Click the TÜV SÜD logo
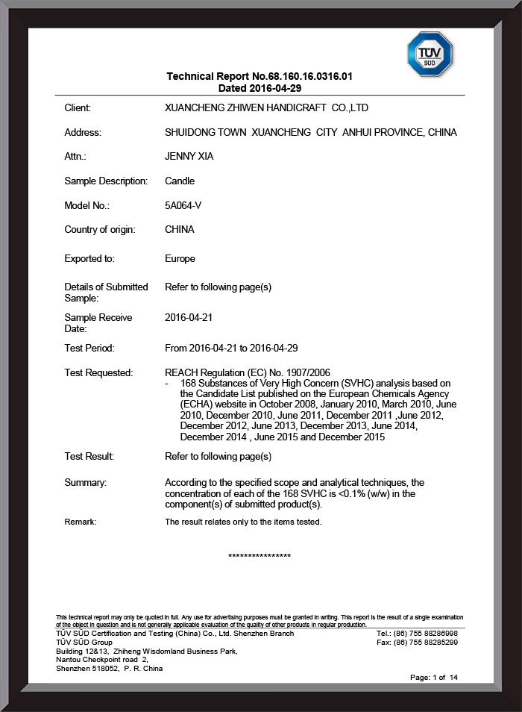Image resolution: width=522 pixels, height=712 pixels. click(430, 54)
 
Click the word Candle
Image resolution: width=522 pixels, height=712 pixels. click(180, 181)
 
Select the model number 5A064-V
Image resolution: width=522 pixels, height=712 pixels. click(183, 205)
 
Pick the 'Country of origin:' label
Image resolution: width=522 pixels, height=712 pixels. click(100, 230)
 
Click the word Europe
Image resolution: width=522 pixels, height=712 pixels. click(180, 259)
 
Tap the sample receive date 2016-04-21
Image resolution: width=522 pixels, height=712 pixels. click(189, 317)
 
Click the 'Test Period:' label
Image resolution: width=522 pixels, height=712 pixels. click(89, 348)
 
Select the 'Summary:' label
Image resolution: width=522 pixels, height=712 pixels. click(86, 483)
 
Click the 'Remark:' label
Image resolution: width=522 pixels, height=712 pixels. click(81, 522)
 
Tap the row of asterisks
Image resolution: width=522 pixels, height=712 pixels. click(260, 556)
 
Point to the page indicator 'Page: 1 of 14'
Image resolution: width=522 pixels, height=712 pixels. click(434, 677)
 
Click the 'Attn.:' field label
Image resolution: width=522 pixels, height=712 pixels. click(75, 157)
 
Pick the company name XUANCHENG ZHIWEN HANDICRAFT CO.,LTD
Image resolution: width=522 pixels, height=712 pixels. click(266, 108)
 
